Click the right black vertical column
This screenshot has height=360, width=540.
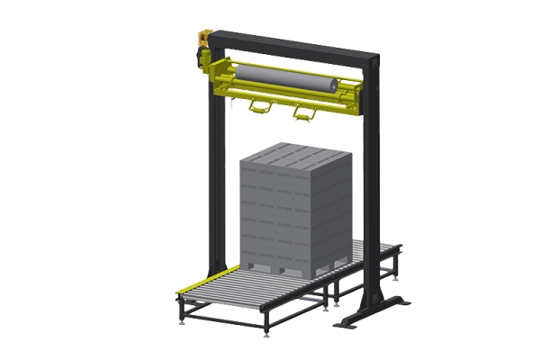pos(368,198)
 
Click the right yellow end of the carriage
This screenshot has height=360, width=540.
pos(356,91)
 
